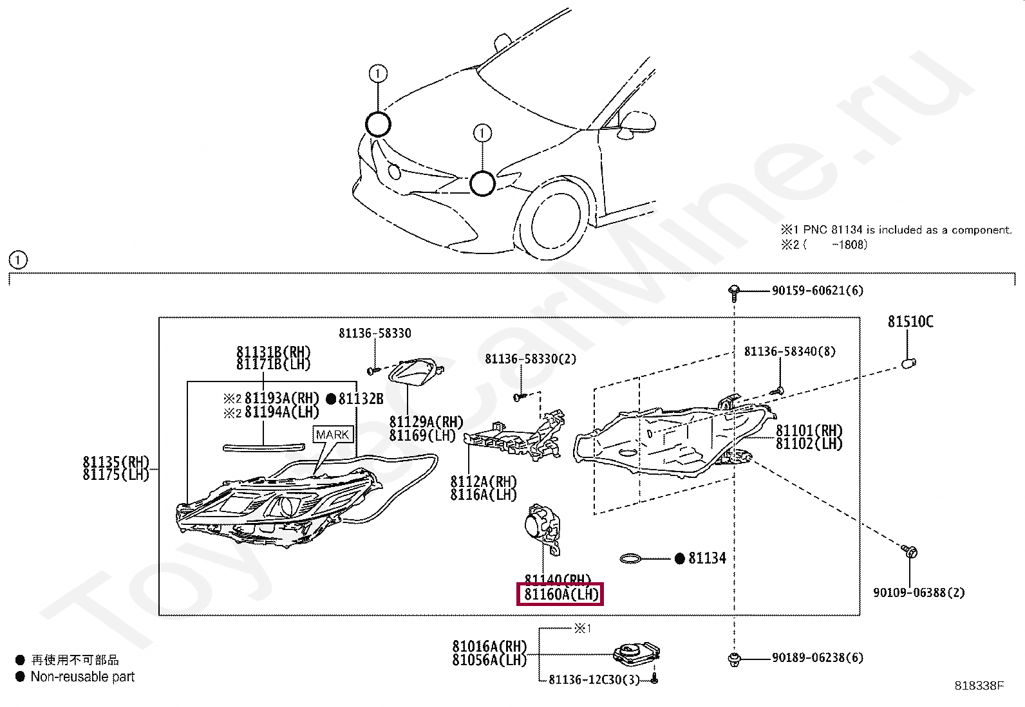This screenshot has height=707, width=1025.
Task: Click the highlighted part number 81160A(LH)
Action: tap(560, 594)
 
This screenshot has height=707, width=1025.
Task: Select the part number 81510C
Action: tap(910, 321)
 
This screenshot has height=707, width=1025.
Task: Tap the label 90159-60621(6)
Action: tap(817, 291)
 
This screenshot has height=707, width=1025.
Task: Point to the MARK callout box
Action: tap(332, 435)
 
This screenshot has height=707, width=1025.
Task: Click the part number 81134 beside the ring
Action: tap(707, 558)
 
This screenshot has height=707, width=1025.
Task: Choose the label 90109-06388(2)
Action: tap(919, 592)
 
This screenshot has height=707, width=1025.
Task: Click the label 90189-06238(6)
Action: tap(817, 657)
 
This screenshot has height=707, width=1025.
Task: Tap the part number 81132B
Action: tap(361, 399)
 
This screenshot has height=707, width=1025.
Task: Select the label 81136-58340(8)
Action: tap(789, 351)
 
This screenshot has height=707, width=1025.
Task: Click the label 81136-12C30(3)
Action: tap(594, 680)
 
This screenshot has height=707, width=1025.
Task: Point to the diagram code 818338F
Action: tap(979, 686)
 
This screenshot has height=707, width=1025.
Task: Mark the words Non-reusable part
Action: tap(82, 677)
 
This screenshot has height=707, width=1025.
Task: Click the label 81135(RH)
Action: tap(116, 462)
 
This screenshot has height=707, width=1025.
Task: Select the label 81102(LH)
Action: tap(809, 443)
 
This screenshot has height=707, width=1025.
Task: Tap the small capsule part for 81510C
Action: tap(908, 363)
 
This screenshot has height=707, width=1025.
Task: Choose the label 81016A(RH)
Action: tap(489, 647)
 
